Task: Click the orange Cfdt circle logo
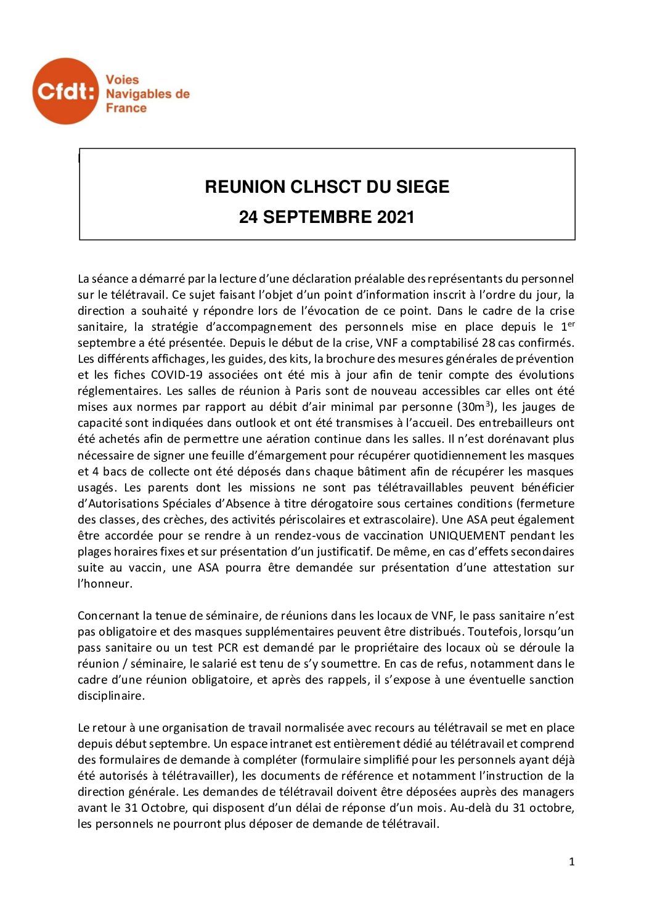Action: (x=65, y=91)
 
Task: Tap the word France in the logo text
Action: (x=126, y=108)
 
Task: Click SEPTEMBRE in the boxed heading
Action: (x=323, y=217)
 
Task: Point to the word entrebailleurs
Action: (x=514, y=423)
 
